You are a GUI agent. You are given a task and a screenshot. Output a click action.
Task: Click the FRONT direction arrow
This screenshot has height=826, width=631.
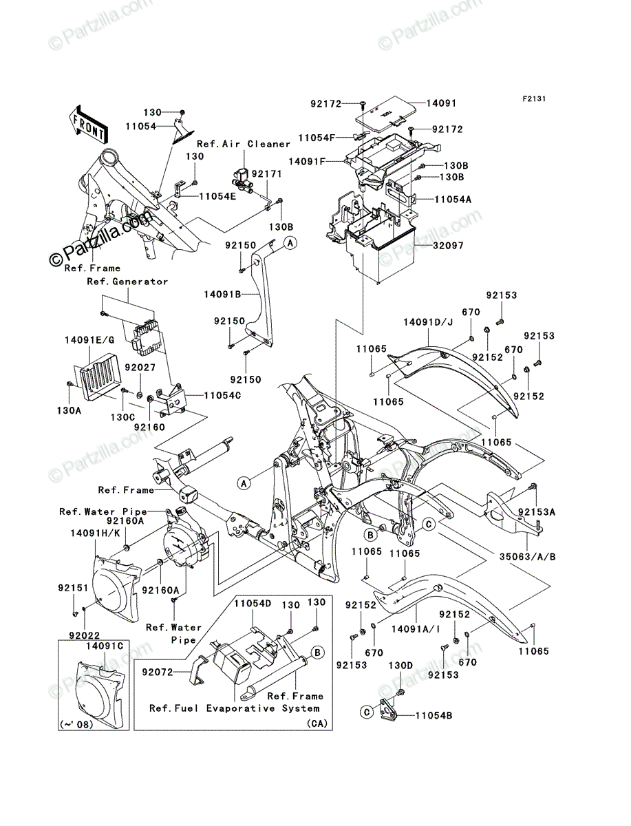tap(88, 124)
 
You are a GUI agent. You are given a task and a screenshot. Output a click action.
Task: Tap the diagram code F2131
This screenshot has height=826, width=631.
tap(533, 99)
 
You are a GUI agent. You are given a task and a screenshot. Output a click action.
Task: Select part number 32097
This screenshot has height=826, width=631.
tap(448, 246)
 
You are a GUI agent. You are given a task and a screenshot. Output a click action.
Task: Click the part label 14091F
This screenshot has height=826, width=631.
tap(307, 162)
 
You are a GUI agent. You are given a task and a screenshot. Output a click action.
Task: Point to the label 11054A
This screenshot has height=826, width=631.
tap(453, 200)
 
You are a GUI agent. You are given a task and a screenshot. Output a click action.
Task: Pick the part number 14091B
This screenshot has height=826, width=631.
tap(222, 295)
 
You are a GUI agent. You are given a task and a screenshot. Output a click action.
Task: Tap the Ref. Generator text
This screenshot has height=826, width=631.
tap(127, 282)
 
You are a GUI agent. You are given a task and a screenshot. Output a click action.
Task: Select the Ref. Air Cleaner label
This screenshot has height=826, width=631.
tap(244, 144)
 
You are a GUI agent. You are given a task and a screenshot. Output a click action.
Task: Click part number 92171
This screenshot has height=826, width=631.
tap(266, 174)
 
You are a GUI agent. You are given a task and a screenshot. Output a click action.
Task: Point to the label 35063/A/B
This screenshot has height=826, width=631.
tap(527, 557)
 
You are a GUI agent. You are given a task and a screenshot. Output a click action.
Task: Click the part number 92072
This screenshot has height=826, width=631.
tap(158, 672)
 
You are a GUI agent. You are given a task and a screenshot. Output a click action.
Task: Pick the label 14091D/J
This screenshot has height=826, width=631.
tap(428, 323)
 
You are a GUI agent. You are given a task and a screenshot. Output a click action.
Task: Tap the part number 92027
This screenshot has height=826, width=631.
tap(140, 367)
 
